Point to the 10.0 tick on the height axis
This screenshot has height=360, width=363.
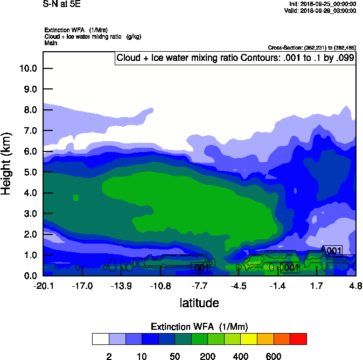pos(27,68)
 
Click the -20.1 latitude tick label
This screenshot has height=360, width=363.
pos(43,286)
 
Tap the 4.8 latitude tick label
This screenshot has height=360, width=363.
pos(355,286)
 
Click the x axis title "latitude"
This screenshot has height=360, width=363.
pos(199,303)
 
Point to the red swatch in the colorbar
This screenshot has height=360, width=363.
pos(298,339)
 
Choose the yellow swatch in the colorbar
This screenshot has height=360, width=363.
pos(249,339)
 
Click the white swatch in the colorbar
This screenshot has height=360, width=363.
pos(100,339)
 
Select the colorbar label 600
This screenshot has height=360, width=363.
pos(274,356)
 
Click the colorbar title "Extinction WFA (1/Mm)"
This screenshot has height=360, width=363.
pos(199,327)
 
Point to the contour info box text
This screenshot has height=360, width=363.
pos(235,58)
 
